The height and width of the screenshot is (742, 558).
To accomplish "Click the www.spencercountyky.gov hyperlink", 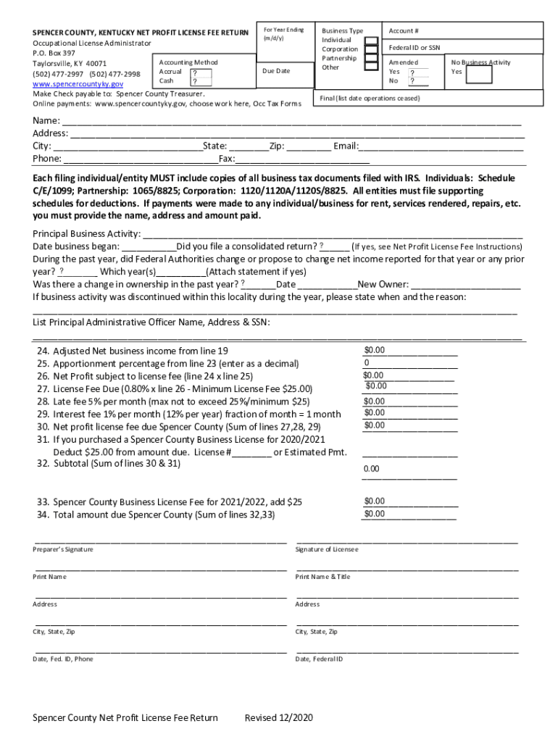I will pos(78,84).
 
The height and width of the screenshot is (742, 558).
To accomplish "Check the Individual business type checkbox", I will pos(371,41).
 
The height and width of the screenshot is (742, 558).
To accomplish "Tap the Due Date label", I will pos(275,71).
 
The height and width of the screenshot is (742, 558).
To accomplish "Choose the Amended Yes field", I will pos(416,72).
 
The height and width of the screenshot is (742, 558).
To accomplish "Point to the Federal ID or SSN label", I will pos(414,47).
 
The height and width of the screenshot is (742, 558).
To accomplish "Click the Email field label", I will pos(345,146).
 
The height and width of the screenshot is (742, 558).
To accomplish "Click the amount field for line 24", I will pos(410,351).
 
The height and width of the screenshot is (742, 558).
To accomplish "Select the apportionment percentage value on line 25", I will pos(410,363).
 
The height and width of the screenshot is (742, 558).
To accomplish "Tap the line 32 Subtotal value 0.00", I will pos(371,469).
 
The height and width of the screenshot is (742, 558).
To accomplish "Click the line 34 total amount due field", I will pos(409,514).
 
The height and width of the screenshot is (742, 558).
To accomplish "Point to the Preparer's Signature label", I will pos(63,550).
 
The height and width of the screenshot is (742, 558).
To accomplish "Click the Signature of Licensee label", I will pos(327,550).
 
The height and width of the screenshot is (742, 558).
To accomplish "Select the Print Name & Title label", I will pos(322,577).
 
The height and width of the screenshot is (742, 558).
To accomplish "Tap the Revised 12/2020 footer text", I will pos(278,718).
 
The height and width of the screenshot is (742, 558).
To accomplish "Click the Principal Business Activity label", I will pos(86,233).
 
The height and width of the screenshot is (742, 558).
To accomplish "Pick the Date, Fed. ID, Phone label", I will pos(63,659).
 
